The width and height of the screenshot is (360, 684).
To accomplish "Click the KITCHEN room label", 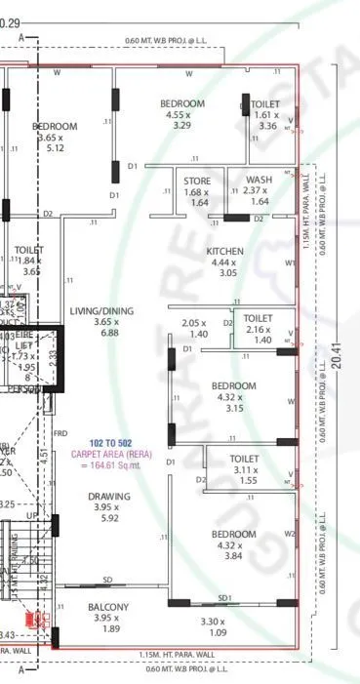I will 224,252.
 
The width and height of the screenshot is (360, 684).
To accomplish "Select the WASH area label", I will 259,180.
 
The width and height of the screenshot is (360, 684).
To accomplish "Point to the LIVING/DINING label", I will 101,311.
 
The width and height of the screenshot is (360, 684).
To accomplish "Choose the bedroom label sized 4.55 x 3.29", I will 181,104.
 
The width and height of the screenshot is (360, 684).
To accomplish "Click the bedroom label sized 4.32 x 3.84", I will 234,534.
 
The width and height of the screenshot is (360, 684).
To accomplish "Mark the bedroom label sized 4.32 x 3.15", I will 234,385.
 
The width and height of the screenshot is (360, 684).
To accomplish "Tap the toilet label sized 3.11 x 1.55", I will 244,459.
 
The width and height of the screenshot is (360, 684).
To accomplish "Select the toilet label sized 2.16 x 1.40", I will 258,318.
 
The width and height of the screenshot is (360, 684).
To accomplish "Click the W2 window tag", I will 289,534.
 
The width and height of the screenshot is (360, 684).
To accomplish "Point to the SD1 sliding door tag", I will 224,597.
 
